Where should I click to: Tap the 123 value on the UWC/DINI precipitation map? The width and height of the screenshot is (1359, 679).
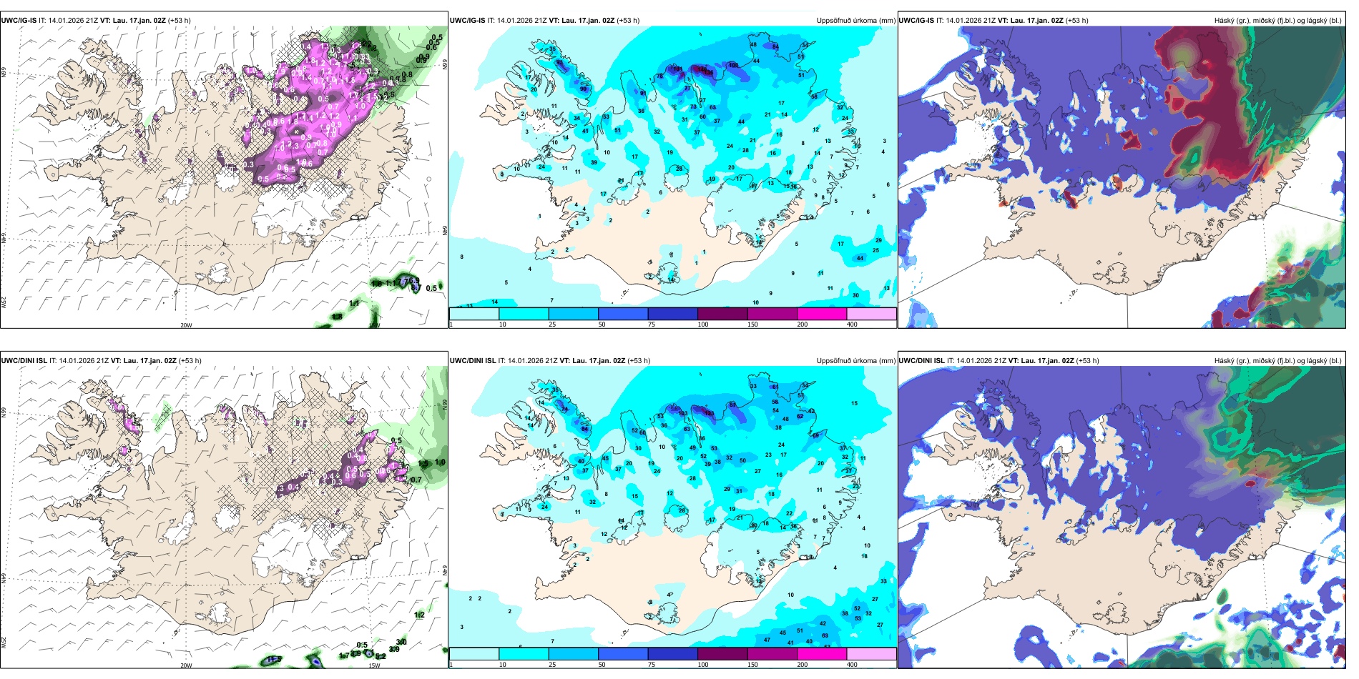click(709, 413)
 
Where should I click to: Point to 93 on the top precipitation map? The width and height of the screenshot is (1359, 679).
click(559, 64)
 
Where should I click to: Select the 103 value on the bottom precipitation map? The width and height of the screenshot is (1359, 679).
click(683, 413)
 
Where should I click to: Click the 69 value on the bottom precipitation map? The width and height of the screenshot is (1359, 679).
click(815, 435)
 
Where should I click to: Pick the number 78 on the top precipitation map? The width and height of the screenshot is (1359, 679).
click(659, 76)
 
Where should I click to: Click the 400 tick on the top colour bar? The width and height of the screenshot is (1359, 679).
click(852, 324)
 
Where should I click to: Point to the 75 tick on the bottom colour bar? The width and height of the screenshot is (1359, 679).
click(652, 665)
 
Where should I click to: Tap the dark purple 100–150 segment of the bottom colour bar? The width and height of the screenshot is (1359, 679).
click(722, 654)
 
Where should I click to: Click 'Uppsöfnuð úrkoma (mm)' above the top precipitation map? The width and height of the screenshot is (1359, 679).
click(855, 21)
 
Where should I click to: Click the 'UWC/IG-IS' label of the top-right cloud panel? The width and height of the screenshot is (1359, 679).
click(916, 21)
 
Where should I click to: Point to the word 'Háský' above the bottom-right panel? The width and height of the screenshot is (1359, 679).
click(1225, 361)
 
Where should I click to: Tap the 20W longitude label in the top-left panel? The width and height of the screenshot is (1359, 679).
click(186, 325)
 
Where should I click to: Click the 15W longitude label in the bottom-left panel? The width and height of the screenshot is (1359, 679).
click(373, 665)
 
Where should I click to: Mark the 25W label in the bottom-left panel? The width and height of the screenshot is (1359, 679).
click(4, 643)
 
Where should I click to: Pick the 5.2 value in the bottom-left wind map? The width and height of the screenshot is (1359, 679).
click(381, 655)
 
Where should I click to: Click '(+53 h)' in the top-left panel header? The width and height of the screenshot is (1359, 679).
click(179, 21)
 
